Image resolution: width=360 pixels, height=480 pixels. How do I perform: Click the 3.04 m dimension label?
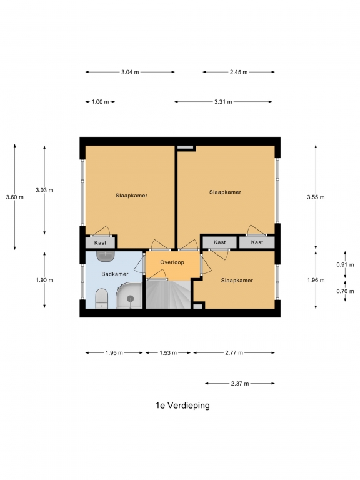click(130, 72)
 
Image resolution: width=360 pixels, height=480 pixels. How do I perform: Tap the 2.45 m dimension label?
click(239, 72)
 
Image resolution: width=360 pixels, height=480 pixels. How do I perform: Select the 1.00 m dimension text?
click(101, 102)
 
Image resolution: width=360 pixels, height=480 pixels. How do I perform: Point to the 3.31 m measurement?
click(223, 102)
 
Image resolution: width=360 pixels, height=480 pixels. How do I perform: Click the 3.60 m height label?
click(15, 197)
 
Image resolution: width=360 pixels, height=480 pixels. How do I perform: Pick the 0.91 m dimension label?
click(345, 265)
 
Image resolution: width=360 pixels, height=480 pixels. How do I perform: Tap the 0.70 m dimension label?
click(345, 291)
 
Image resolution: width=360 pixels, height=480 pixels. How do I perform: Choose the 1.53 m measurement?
click(168, 353)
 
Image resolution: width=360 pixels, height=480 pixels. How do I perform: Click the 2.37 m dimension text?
click(240, 384)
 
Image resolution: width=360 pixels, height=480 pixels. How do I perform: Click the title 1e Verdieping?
click(182, 405)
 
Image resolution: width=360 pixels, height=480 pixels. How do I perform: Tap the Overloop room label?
click(172, 262)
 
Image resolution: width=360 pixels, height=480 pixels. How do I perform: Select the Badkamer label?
click(115, 274)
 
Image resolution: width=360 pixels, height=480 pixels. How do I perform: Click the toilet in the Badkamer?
click(102, 299)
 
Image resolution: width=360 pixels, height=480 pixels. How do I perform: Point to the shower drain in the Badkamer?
click(131, 299)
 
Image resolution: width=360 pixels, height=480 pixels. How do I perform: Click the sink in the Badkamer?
click(106, 256)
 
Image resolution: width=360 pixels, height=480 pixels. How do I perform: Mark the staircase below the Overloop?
click(168, 295)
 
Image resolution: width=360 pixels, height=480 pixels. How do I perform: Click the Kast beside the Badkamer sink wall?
click(100, 242)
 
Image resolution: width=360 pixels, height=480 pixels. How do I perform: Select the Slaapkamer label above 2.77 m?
click(237, 281)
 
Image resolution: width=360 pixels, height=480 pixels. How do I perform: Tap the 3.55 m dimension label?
click(316, 197)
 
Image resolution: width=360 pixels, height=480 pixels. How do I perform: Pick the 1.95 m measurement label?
click(114, 353)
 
